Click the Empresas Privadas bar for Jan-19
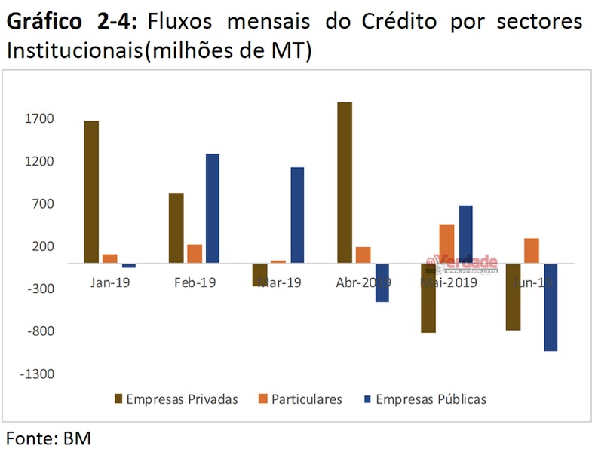(x=91, y=192)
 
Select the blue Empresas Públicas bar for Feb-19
(x=212, y=209)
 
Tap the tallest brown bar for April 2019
(x=345, y=183)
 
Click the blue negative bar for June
(x=550, y=307)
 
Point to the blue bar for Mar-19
(x=297, y=215)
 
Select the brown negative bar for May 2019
(x=428, y=298)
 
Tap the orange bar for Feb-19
(x=195, y=254)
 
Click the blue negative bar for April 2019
(x=382, y=283)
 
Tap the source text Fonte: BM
(x=49, y=437)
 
